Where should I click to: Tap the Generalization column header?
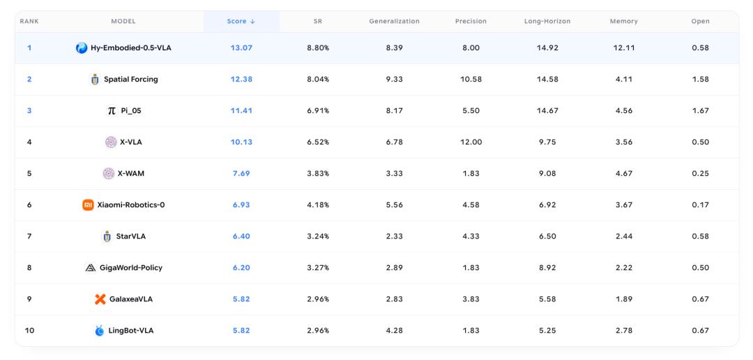(x=394, y=21)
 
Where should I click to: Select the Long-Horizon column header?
(x=547, y=21)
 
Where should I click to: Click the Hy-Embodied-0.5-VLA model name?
(x=131, y=47)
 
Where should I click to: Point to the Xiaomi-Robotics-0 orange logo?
(x=88, y=204)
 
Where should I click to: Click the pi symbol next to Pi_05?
(x=112, y=110)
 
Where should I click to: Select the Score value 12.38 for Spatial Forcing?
(x=241, y=80)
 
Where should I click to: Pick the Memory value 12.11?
(x=624, y=47)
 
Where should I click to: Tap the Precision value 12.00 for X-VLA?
(x=471, y=142)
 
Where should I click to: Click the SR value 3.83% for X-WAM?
(x=318, y=174)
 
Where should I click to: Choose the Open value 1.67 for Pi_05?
(x=701, y=110)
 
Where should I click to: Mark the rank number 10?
(x=29, y=330)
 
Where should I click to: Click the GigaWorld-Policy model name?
(x=131, y=268)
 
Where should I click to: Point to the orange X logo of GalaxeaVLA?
(x=100, y=299)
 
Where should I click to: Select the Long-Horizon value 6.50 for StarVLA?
(x=547, y=236)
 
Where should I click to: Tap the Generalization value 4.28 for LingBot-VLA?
(x=394, y=330)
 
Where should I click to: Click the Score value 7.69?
(x=241, y=174)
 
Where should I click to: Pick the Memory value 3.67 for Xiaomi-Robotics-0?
(x=624, y=204)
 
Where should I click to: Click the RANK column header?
(x=29, y=21)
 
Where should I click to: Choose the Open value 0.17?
(x=701, y=204)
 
